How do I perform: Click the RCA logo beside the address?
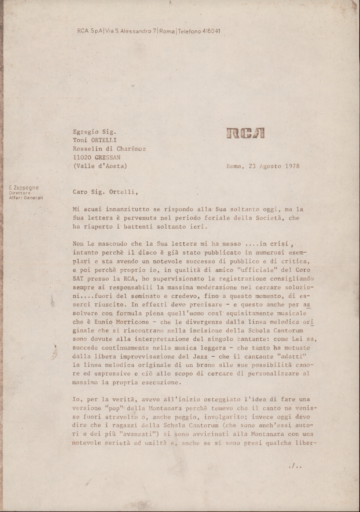(x=246, y=133)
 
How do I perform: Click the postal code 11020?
(x=82, y=157)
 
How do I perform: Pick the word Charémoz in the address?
(x=131, y=149)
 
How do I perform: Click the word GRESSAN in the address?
(x=106, y=157)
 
